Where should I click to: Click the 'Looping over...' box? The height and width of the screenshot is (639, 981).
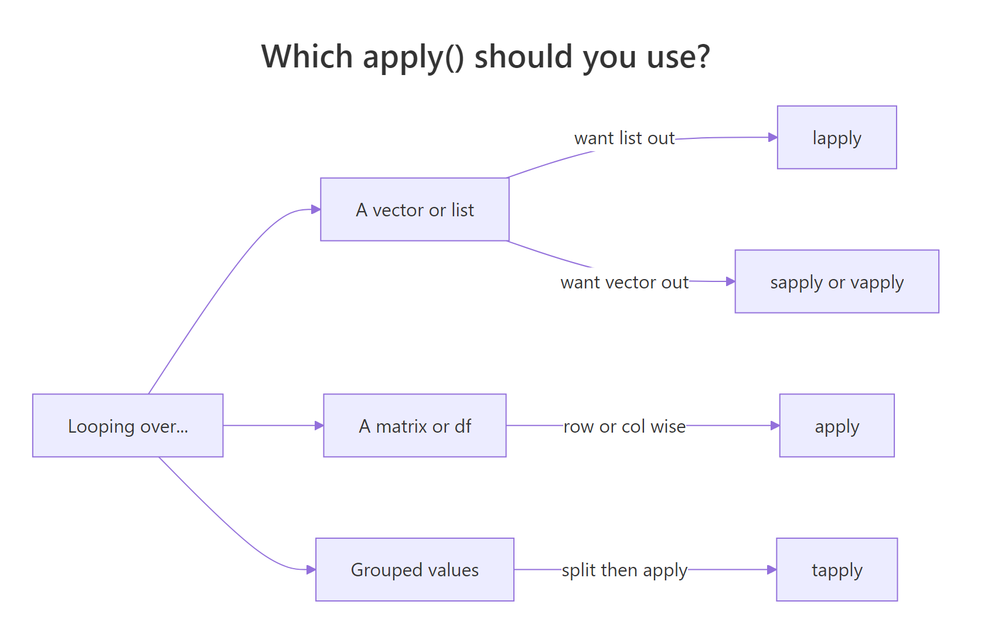pos(128,426)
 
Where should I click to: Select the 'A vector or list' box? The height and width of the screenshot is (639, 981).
pos(414,209)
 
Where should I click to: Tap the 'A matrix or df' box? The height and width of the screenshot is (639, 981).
pos(414,426)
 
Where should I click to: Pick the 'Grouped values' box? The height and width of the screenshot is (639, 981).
pos(414,570)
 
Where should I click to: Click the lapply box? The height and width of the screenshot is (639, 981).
pos(836,138)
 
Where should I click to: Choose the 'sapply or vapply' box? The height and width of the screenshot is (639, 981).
pos(836,282)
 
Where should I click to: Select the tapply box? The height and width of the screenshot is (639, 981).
pos(836,570)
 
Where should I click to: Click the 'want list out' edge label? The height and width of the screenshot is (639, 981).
pos(624,138)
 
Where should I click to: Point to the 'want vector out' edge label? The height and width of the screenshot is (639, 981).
pos(624,283)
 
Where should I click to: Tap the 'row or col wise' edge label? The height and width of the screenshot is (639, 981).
pos(624,426)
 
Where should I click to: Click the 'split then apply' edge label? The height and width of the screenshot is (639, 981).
pos(624,570)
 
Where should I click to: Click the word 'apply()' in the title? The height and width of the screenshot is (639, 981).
pos(413,57)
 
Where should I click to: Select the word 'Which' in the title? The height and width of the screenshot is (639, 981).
pos(307,57)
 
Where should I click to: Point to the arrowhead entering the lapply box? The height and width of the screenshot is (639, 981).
pos(772,137)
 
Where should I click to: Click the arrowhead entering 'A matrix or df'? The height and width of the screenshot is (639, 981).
pos(319,426)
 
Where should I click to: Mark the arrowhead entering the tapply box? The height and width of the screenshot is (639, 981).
pos(772,570)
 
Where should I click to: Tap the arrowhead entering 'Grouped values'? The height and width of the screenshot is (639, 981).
pos(311,570)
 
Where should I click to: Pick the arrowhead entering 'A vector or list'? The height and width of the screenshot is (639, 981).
pos(316,209)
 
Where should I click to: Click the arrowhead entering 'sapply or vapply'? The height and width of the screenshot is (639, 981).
pos(730,282)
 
